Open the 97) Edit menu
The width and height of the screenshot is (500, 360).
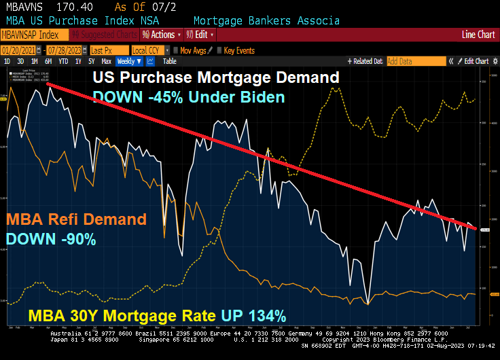[201, 35]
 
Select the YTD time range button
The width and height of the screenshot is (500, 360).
[64, 61]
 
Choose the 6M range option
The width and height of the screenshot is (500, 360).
[48, 61]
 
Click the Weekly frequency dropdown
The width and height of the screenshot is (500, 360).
[130, 61]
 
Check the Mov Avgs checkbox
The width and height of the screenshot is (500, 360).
[175, 50]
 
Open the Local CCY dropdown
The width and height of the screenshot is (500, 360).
[149, 50]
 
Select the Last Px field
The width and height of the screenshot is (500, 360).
[109, 50]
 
